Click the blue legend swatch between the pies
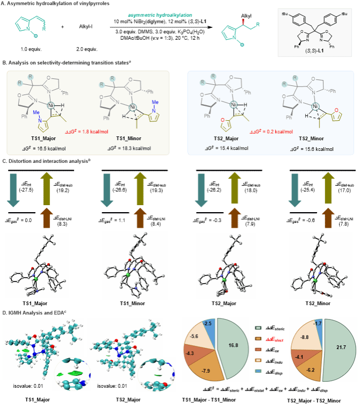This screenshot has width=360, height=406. point(258,371)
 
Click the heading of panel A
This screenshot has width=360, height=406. point(46,4)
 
